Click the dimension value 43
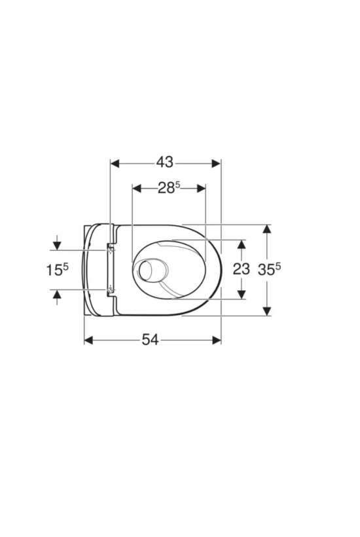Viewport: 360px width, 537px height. [165, 162]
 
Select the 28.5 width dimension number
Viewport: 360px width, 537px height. [169, 188]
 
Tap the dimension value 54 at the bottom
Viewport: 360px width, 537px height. [151, 340]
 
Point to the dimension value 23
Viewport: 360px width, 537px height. [242, 269]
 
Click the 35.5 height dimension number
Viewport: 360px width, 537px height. [269, 269]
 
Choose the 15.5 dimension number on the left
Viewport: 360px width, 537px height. [58, 270]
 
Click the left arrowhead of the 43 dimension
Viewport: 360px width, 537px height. [115, 163]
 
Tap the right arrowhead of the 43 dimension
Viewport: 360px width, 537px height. [216, 163]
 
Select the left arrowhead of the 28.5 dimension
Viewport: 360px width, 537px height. [137, 189]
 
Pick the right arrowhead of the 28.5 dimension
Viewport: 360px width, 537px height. [201, 189]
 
